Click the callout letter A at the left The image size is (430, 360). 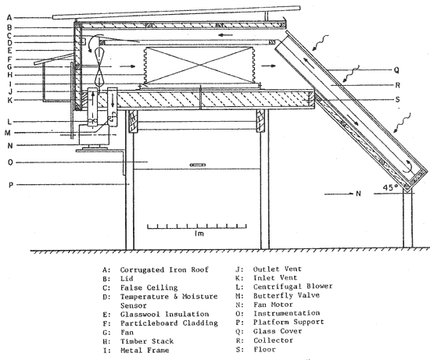pyautogui.click(x=9, y=18)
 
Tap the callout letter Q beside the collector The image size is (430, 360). pyautogui.click(x=396, y=70)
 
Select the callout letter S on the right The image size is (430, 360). pyautogui.click(x=398, y=99)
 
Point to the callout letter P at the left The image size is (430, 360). pyautogui.click(x=11, y=185)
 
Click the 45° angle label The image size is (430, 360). pyautogui.click(x=390, y=187)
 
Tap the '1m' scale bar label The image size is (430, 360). pyautogui.click(x=199, y=233)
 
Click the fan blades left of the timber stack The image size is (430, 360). pyautogui.click(x=99, y=66)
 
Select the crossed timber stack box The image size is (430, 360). pyautogui.click(x=199, y=65)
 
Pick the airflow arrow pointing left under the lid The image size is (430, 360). pyautogui.click(x=225, y=35)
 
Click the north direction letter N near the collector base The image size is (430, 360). pyautogui.click(x=358, y=194)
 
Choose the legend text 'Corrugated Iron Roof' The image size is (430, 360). pyautogui.click(x=164, y=270)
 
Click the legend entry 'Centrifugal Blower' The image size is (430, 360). pyautogui.click(x=292, y=287)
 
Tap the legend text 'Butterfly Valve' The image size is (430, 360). pyautogui.click(x=286, y=296)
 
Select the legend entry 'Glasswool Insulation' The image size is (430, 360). pyautogui.click(x=164, y=314)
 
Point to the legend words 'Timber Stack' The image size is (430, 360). pyautogui.click(x=147, y=341)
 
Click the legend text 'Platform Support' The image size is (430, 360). pyautogui.click(x=288, y=323)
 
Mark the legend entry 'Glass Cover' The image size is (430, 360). pyautogui.click(x=278, y=331)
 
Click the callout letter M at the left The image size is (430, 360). pyautogui.click(x=8, y=133)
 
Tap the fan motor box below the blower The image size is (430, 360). pyautogui.click(x=94, y=135)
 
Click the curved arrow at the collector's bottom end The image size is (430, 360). pyautogui.click(x=409, y=166)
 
